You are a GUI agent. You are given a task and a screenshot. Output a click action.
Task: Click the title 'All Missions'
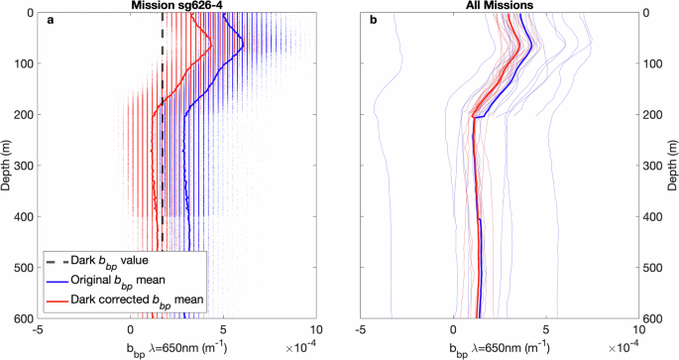(x=499, y=6)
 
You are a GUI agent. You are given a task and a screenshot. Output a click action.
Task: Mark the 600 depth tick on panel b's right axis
(x=651, y=318)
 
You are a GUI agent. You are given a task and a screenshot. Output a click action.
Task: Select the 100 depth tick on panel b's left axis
(x=348, y=63)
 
